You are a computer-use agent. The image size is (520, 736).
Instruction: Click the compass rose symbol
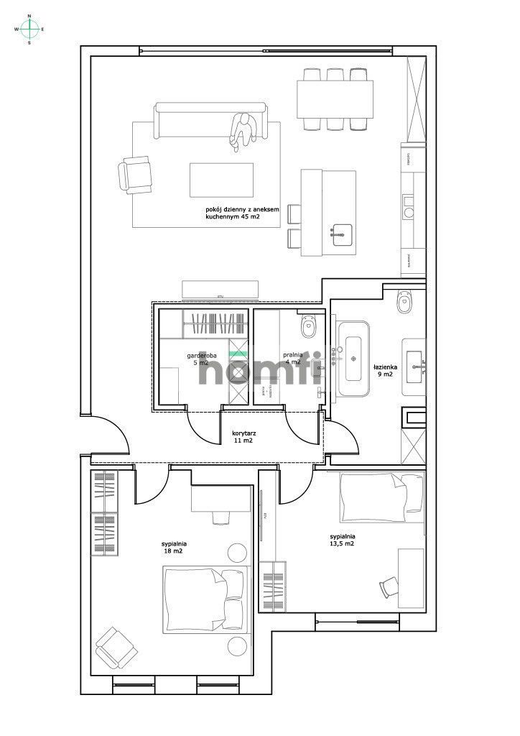(29, 29)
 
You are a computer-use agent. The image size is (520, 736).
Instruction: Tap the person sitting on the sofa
(243, 130)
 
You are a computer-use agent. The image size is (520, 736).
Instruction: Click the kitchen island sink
(342, 232)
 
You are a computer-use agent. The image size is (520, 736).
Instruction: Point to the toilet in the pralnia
(309, 328)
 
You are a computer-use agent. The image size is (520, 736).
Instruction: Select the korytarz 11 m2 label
(244, 437)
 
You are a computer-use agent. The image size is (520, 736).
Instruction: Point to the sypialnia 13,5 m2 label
(343, 540)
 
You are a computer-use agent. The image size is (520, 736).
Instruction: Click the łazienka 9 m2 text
(383, 370)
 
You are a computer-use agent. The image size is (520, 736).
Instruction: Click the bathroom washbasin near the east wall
(414, 363)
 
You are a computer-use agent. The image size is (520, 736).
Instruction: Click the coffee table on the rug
(221, 180)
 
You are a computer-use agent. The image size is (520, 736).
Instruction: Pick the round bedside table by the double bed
(238, 553)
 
